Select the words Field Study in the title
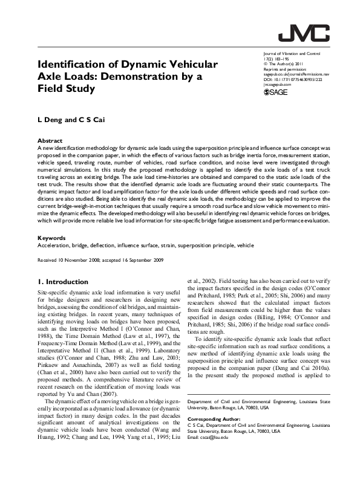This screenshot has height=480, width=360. [x=67, y=89]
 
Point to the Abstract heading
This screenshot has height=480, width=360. [x=50, y=140]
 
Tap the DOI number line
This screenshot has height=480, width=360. [x=293, y=79]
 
